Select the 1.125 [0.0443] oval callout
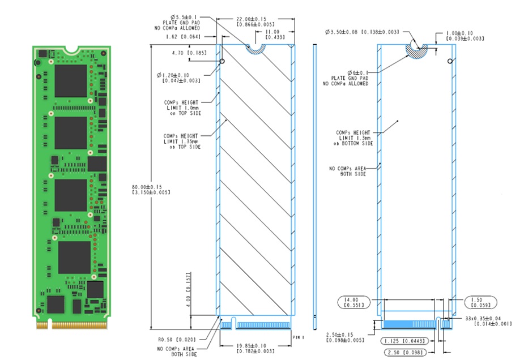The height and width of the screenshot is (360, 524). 407,341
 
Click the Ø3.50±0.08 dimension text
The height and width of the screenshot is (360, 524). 363,32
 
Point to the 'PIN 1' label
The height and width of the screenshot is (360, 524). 299,337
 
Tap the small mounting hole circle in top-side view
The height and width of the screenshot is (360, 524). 222,61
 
